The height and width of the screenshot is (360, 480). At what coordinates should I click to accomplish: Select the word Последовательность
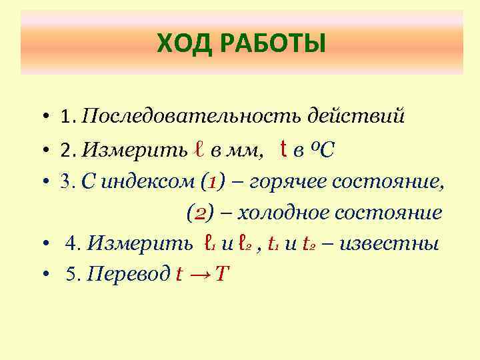pos(193,118)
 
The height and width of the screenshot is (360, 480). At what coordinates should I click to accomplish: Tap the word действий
pos(355,117)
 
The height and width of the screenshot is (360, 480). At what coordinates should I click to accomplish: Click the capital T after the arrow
pos(222,274)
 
